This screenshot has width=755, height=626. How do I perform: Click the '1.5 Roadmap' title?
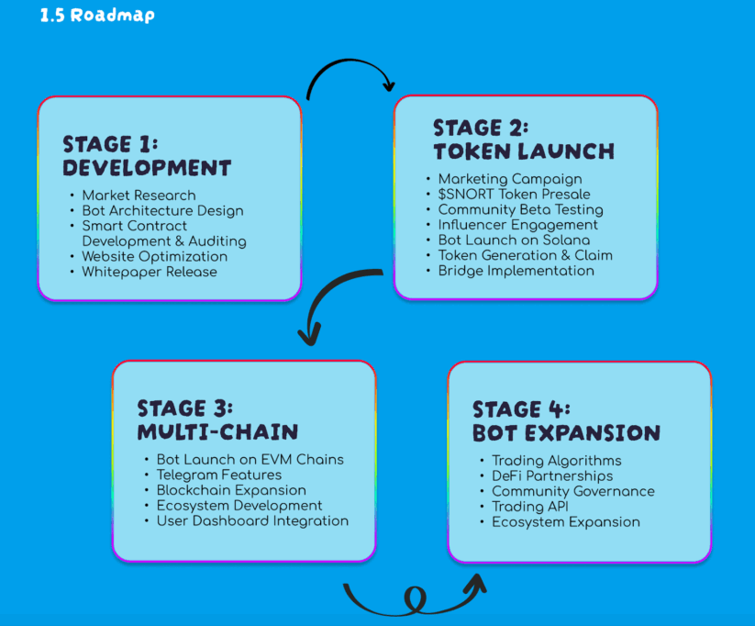tap(97, 16)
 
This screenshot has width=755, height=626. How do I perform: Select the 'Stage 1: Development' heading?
tap(146, 156)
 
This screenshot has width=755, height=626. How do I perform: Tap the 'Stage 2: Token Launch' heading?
tap(523, 139)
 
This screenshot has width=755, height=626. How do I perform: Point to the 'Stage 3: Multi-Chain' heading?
tap(217, 419)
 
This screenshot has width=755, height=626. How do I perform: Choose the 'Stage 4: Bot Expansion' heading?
tap(565, 420)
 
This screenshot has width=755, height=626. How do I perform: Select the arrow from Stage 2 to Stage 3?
tap(330, 303)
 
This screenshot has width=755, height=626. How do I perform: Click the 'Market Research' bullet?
tap(139, 195)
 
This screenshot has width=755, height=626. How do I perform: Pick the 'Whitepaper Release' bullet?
tap(150, 272)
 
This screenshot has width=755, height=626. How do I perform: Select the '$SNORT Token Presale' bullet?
tap(514, 194)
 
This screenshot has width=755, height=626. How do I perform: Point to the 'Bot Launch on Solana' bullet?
tap(514, 240)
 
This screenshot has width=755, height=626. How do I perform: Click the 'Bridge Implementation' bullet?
tap(516, 271)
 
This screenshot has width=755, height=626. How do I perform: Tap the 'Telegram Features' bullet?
tap(218, 475)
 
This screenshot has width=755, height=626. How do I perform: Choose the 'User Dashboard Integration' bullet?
tap(252, 520)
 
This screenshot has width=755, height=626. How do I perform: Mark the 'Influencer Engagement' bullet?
tap(517, 225)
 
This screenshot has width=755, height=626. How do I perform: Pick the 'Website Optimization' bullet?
tap(154, 256)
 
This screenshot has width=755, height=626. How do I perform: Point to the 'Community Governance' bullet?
tap(572, 491)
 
